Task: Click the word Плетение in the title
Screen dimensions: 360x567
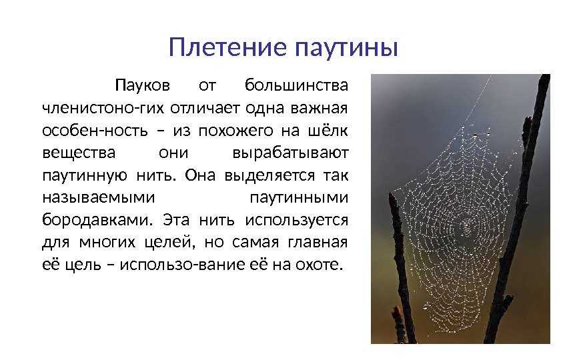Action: point(219,48)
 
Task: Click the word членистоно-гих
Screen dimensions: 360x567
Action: point(103,107)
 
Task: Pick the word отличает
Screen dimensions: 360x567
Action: point(199,107)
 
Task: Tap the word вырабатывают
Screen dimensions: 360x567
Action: point(290,153)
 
